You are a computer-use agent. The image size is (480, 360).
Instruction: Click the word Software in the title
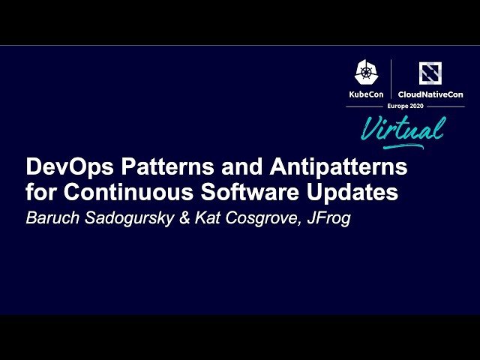234,192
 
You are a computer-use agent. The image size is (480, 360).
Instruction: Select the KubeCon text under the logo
365,94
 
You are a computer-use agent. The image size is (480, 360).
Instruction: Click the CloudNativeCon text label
430,94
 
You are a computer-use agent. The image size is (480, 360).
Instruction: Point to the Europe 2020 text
405,106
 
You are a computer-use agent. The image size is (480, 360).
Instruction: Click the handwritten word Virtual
402,128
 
